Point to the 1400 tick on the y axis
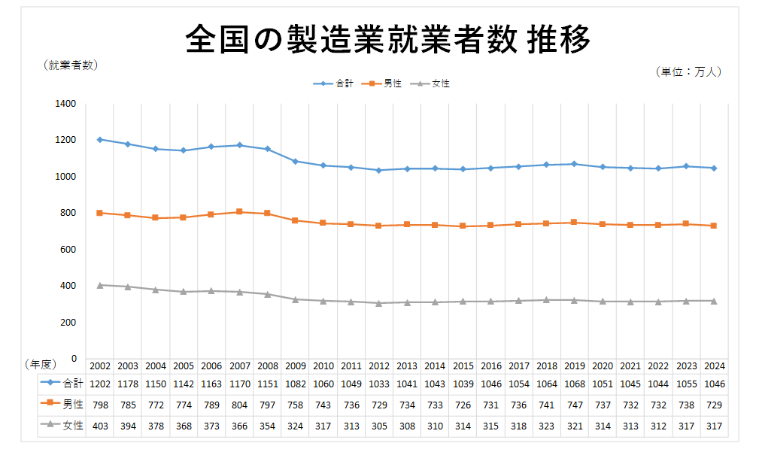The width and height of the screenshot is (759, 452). click(x=66, y=104)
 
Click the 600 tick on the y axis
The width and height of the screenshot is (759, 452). click(x=69, y=250)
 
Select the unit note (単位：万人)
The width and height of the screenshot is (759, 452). click(x=690, y=72)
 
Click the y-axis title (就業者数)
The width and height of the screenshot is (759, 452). click(x=71, y=65)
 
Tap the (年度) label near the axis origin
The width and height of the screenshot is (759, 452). click(x=40, y=365)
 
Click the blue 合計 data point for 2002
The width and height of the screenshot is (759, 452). click(x=100, y=140)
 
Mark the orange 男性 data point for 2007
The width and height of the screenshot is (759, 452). click(x=240, y=212)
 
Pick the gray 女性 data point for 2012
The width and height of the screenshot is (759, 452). click(x=379, y=303)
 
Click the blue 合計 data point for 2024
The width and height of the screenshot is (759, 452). click(x=713, y=168)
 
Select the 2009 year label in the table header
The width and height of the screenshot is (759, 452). click(x=296, y=366)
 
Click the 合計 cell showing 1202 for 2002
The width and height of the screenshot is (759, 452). click(x=100, y=384)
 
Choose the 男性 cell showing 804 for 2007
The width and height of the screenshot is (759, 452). click(x=240, y=405)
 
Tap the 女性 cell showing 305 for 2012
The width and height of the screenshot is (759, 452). click(x=379, y=426)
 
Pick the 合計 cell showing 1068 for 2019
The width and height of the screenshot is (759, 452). click(x=574, y=384)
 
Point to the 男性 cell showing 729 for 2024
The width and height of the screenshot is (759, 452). click(x=713, y=405)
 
